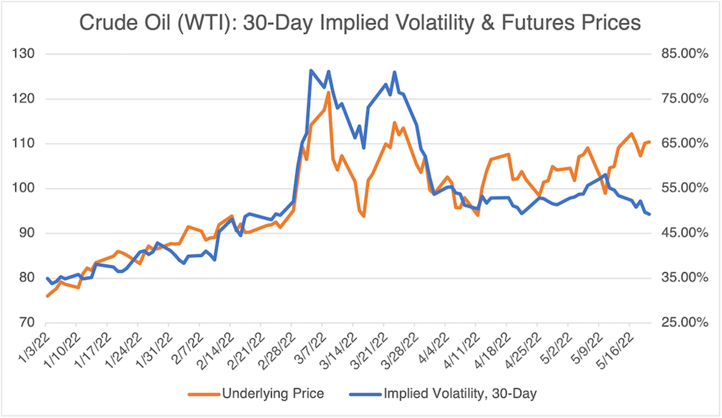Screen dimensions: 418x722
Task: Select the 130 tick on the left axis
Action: tap(23, 54)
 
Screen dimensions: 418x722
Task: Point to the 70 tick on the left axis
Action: tap(27, 323)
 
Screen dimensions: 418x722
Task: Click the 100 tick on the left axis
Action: tap(23, 188)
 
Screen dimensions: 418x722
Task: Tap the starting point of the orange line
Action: tap(47, 296)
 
